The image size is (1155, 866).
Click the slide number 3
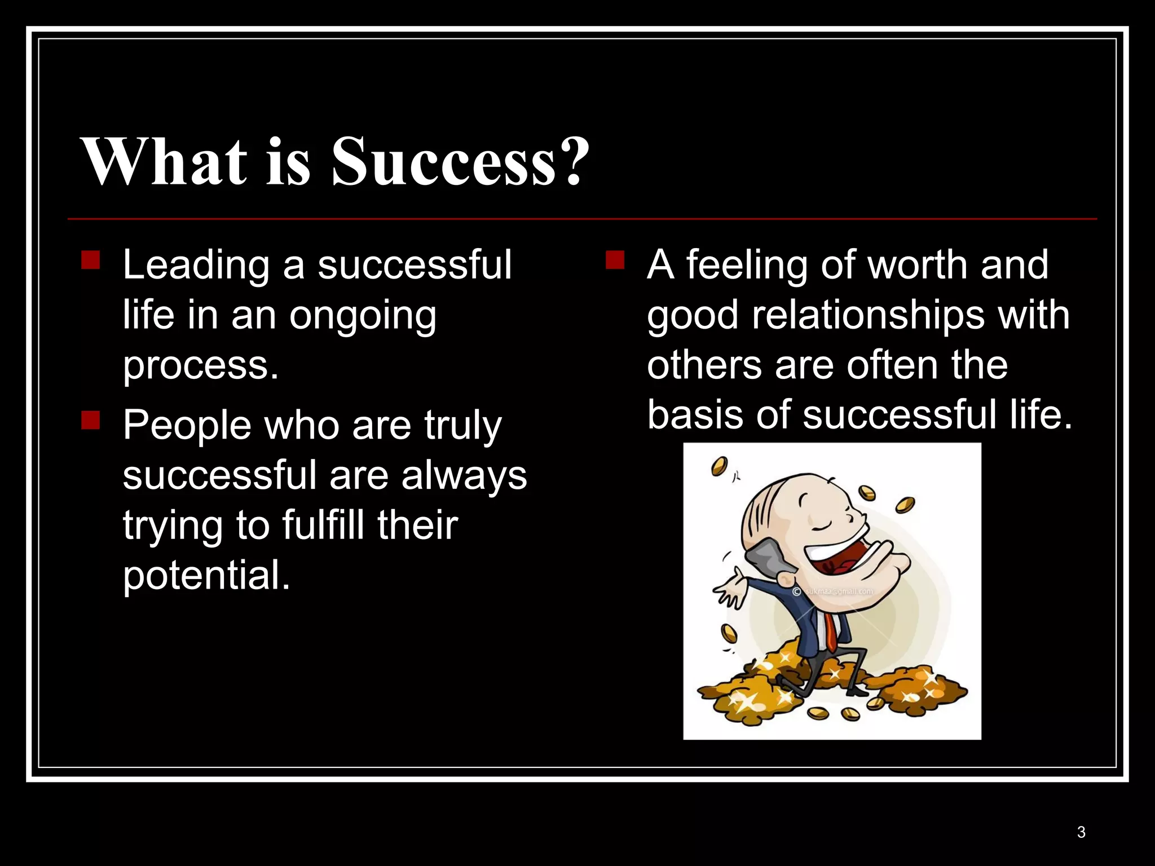[x=1081, y=832]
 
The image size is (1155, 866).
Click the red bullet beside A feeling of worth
[x=615, y=260]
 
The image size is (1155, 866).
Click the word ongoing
[x=363, y=316]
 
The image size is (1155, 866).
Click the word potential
[x=206, y=575]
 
